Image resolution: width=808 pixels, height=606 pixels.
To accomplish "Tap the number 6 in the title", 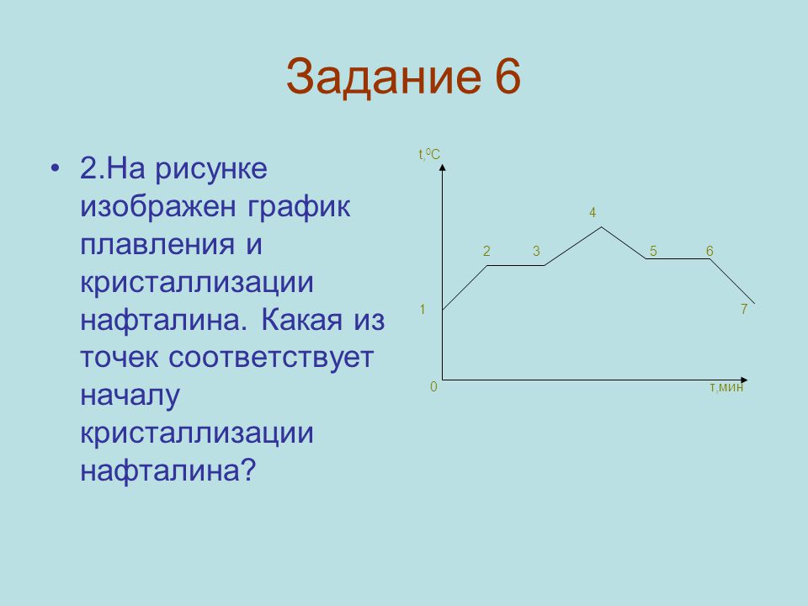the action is [x=508, y=76].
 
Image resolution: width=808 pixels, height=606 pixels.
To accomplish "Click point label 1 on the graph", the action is [x=423, y=309].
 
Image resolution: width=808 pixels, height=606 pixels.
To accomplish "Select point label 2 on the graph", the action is [x=486, y=251].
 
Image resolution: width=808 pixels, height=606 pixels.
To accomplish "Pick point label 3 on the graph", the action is [x=536, y=251].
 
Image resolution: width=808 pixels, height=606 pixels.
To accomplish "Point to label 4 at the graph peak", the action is [x=593, y=212].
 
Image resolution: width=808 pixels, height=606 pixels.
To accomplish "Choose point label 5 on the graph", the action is [x=653, y=251].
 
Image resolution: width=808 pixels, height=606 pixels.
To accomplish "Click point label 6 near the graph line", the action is [x=710, y=251].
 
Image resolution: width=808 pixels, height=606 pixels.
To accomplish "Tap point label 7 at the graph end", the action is [x=743, y=309].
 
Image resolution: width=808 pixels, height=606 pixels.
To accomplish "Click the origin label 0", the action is [x=433, y=386].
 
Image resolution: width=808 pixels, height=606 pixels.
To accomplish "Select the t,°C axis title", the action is [x=429, y=154].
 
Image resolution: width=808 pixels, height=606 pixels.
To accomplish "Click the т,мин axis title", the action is [x=726, y=387].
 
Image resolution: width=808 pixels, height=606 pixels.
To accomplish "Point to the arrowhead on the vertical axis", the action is [x=442, y=167].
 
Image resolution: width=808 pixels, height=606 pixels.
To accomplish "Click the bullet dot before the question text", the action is [x=56, y=168].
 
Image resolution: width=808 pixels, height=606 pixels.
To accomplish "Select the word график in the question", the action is [x=299, y=208].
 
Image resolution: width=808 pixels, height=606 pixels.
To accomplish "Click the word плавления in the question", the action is [x=157, y=245].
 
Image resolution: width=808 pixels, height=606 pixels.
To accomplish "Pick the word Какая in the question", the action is [x=301, y=320].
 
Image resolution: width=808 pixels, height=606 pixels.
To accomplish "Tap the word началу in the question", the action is [x=130, y=396].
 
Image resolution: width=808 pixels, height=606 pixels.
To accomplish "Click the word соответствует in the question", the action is [x=271, y=358].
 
